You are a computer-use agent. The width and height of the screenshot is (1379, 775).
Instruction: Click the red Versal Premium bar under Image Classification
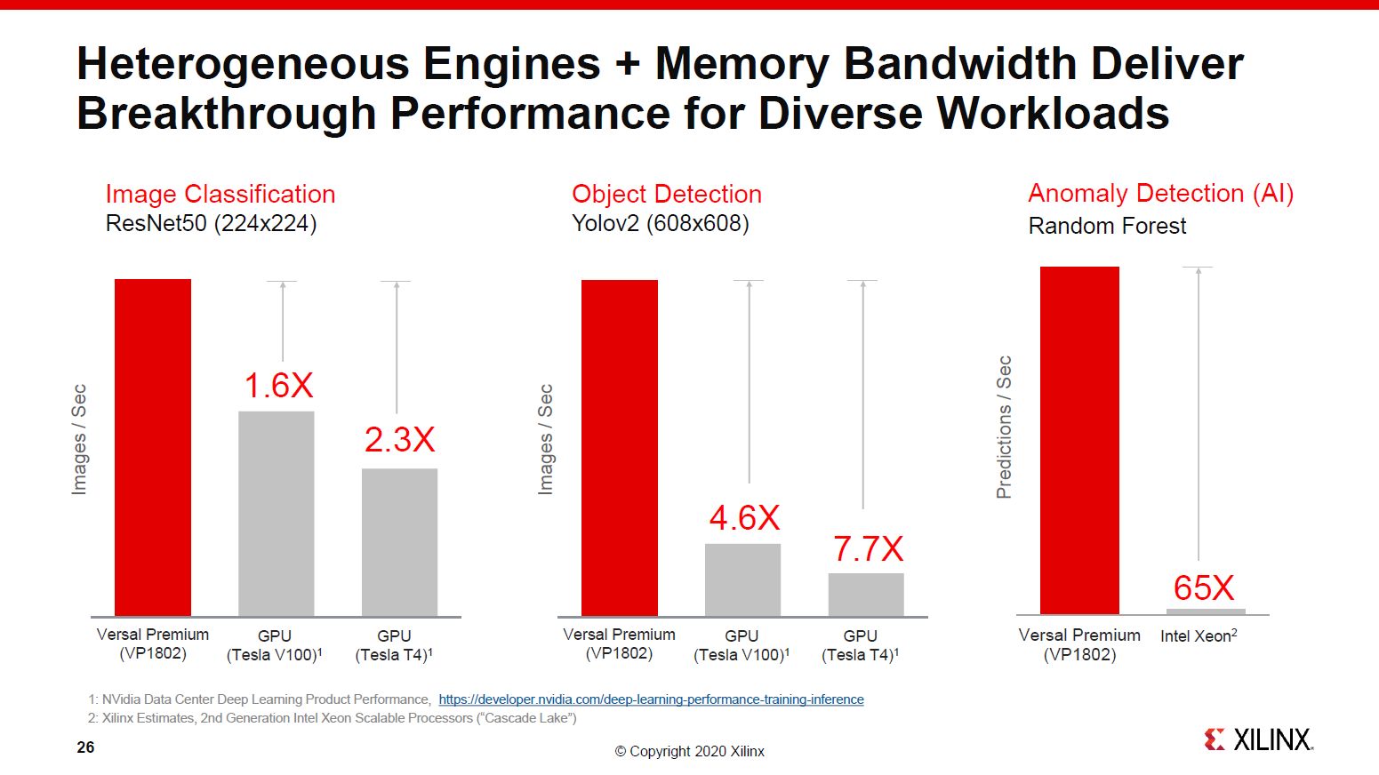point(153,447)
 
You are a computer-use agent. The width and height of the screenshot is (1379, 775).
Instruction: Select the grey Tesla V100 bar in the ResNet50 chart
point(276,513)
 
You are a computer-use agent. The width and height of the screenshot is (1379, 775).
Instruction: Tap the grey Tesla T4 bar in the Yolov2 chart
point(866,594)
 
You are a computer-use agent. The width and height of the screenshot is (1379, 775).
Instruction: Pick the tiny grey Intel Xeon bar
point(1206,611)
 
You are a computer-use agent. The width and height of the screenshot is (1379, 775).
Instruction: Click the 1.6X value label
point(278,386)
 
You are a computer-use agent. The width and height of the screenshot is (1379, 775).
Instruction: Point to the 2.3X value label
point(399,440)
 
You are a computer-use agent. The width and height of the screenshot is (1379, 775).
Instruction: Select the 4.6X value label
point(744,518)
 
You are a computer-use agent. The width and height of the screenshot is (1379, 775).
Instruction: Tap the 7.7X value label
point(868,549)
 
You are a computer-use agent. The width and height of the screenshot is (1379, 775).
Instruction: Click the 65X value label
point(1204,588)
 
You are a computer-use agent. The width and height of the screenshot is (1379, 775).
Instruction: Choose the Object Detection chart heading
point(667,194)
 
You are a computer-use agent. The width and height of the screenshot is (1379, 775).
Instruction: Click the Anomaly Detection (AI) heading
point(1160,193)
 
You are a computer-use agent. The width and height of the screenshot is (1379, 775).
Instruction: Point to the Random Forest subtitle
point(1107,226)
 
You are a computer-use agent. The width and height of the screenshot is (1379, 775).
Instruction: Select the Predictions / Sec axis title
point(1004,427)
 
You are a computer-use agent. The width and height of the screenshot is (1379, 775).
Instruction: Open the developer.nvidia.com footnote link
point(651,699)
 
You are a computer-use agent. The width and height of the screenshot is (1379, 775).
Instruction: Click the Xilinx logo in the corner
point(1258,739)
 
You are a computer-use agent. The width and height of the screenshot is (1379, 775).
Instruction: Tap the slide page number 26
point(85,747)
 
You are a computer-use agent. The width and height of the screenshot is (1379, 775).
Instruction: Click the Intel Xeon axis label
point(1199,636)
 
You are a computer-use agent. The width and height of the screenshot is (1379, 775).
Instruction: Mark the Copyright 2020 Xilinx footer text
point(690,752)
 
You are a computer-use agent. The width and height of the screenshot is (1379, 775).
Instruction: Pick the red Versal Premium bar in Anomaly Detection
point(1079,440)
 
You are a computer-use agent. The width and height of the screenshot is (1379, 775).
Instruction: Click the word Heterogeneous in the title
point(243,64)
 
